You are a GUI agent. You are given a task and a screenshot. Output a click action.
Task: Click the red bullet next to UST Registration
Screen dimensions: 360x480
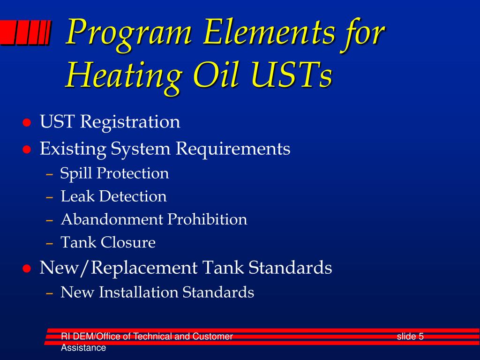[27, 123]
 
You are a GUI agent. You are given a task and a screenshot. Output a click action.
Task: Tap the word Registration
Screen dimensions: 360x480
[130, 122]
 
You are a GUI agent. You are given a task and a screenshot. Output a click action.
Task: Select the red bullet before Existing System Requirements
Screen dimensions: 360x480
[27, 150]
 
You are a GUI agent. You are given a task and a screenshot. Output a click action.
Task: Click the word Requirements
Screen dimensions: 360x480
[233, 150]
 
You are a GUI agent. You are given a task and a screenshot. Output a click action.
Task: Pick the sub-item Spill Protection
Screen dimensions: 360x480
[114, 173]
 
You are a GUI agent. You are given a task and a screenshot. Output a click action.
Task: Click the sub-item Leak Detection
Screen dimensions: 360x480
[113, 196]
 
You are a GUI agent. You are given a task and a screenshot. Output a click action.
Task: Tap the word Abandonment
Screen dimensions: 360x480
[112, 219]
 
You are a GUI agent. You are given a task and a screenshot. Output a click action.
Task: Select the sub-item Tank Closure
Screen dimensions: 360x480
[108, 242]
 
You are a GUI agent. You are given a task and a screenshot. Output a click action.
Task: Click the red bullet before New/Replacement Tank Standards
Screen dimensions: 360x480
[27, 269]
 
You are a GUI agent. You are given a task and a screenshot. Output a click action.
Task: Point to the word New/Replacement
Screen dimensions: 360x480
[119, 268]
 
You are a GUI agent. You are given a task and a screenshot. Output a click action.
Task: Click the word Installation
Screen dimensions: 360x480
[139, 292]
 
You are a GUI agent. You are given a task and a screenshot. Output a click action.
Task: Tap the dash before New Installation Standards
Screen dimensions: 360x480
[50, 293]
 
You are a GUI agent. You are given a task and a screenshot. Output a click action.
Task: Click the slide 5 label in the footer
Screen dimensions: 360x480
[410, 336]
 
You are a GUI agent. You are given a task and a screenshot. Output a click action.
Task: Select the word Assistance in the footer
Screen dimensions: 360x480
[83, 348]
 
